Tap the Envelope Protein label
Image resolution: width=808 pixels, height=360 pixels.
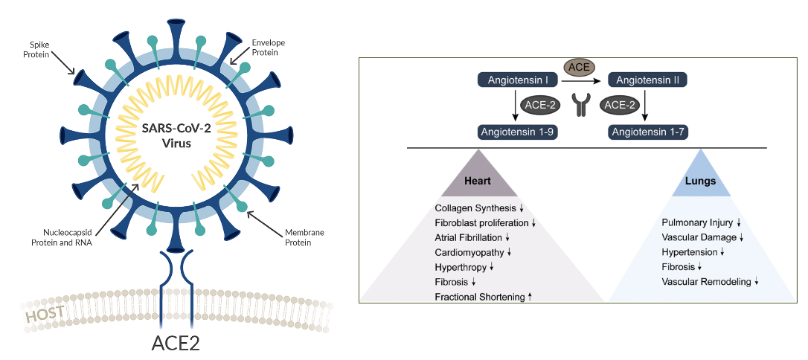269,47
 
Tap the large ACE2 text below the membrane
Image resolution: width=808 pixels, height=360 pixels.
176,344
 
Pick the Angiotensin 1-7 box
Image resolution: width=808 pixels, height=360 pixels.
647,132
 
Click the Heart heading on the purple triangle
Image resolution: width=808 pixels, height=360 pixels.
477,181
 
